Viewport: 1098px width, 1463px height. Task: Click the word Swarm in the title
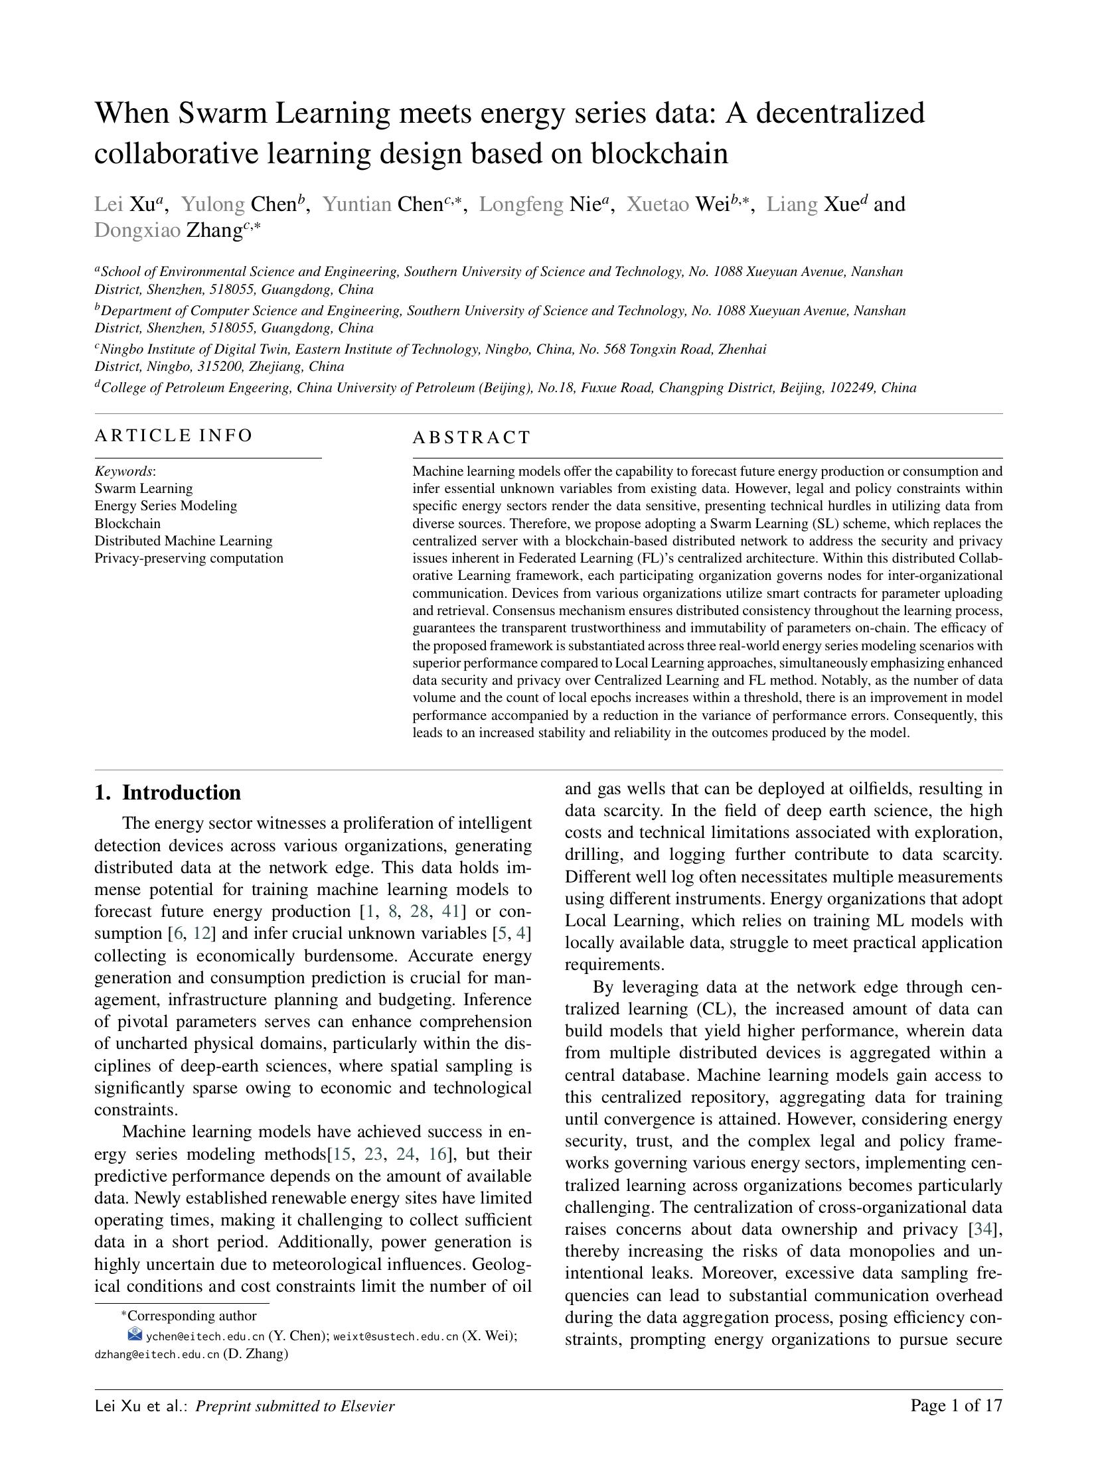[222, 113]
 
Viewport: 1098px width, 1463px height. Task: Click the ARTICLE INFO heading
[173, 435]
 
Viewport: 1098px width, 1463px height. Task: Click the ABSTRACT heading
[471, 437]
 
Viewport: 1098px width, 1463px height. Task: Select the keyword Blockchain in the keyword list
[127, 523]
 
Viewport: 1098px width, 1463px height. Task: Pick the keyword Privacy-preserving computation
[189, 557]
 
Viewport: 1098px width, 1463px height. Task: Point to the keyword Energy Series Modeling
[165, 506]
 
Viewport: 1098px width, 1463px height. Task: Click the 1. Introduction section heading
[167, 792]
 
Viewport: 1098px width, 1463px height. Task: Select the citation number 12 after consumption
[201, 933]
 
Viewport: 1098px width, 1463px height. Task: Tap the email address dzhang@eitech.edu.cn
[157, 1354]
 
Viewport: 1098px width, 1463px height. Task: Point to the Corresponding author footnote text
[191, 1316]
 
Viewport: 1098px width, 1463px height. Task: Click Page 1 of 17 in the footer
[955, 1405]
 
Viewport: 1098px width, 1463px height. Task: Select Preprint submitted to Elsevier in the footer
[295, 1406]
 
